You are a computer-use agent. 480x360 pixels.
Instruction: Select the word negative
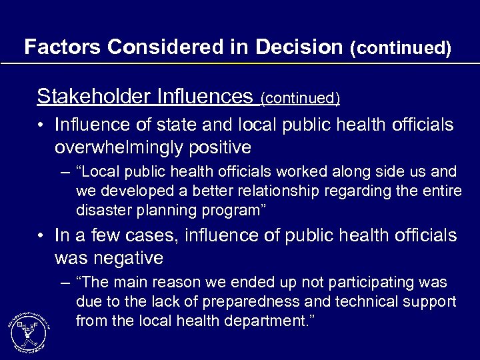click(x=130, y=257)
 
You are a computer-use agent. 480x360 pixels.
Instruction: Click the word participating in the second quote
click(x=370, y=283)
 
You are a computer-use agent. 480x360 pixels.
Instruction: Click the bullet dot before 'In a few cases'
click(x=41, y=236)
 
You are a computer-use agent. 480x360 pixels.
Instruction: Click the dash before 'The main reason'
click(x=64, y=283)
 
